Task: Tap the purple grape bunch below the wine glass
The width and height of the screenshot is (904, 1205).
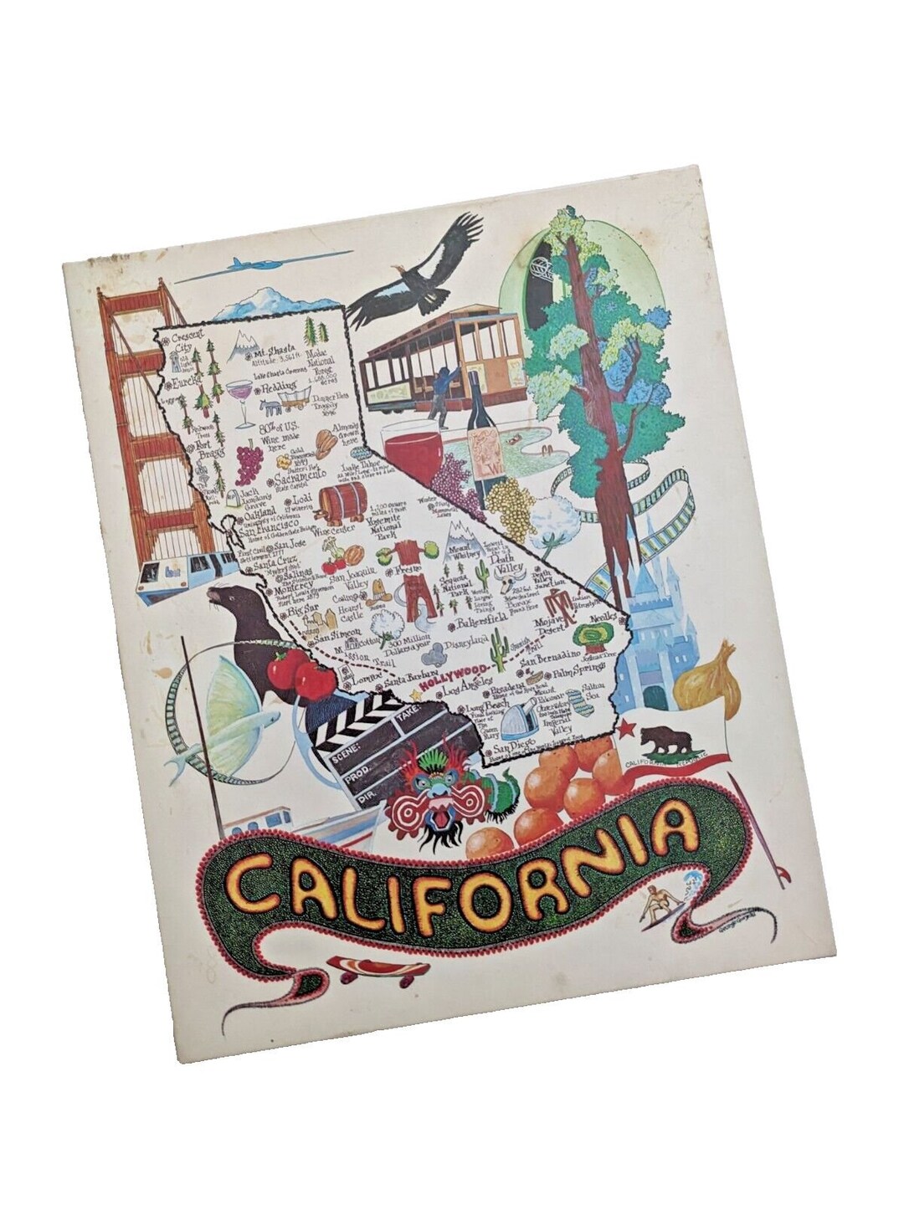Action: [x=248, y=459]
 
